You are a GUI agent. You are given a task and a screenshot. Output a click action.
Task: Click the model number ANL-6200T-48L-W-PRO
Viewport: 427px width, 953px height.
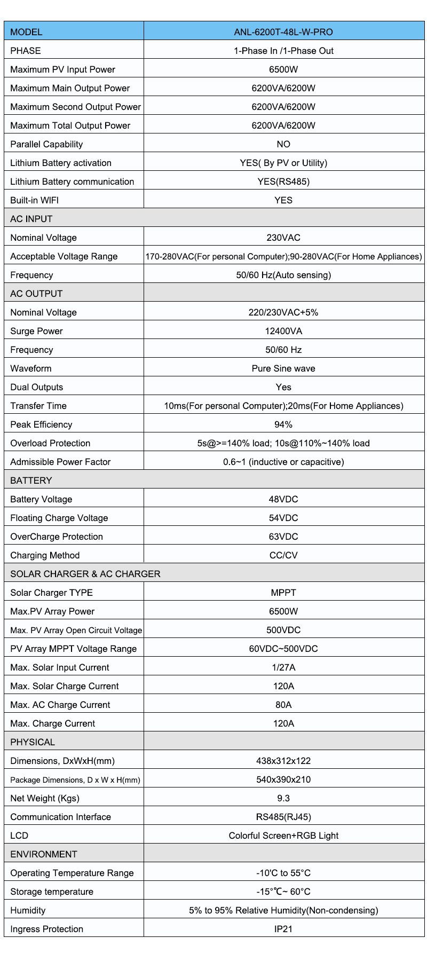click(x=283, y=32)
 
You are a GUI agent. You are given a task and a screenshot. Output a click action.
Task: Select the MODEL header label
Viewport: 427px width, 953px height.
click(x=26, y=32)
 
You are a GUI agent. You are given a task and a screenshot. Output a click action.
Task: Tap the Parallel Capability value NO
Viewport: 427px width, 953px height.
click(x=283, y=144)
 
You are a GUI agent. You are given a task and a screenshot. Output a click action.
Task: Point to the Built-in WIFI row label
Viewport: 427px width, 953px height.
click(x=35, y=200)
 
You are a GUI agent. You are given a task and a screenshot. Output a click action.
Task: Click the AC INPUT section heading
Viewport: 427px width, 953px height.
click(x=31, y=219)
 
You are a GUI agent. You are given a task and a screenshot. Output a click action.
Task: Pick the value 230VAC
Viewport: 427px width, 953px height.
click(x=283, y=238)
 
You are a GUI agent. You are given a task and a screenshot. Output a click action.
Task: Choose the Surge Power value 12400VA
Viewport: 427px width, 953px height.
click(x=283, y=331)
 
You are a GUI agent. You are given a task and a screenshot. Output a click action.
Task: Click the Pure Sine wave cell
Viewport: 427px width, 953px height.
click(x=283, y=368)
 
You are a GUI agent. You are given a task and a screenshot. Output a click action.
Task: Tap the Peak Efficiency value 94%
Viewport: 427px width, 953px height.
click(x=283, y=424)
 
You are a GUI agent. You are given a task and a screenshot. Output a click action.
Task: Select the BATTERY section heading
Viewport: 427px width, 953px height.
click(x=31, y=481)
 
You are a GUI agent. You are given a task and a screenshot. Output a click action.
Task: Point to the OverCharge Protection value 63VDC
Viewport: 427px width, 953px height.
click(x=283, y=537)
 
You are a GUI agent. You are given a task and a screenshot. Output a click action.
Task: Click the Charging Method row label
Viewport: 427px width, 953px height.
click(x=45, y=555)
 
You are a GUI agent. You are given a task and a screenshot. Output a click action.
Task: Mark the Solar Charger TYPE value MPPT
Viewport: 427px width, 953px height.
click(x=283, y=593)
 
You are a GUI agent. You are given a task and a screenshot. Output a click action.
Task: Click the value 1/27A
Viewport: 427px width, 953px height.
click(x=283, y=667)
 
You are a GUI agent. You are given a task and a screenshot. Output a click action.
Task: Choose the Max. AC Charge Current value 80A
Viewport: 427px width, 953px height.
click(x=283, y=705)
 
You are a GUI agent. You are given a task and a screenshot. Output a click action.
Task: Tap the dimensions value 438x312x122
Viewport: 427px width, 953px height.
click(x=283, y=761)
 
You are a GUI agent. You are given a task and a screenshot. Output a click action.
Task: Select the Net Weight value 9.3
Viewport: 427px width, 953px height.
click(x=283, y=798)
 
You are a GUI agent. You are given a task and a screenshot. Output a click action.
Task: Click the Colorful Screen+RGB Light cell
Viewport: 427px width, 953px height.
click(x=283, y=836)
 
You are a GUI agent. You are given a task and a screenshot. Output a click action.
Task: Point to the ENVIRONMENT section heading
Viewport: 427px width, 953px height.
click(x=44, y=854)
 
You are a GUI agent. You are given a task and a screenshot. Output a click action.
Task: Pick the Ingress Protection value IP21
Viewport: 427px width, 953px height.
click(x=283, y=929)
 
